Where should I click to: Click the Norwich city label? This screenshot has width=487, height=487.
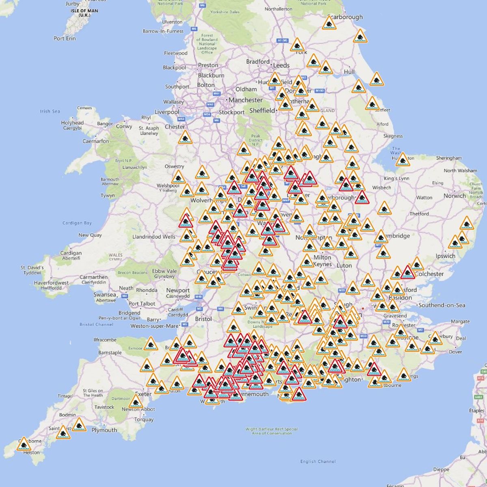pyautogui.click(x=455, y=196)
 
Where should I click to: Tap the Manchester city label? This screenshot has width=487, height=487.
pyautogui.click(x=245, y=100)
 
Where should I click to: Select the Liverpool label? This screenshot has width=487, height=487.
pyautogui.click(x=167, y=112)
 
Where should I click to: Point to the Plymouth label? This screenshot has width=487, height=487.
pyautogui.click(x=104, y=430)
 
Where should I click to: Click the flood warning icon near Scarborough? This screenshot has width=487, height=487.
pyautogui.click(x=329, y=23)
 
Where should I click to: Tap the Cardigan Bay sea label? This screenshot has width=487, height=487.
pyautogui.click(x=77, y=223)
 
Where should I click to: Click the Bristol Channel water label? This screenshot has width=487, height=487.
pyautogui.click(x=96, y=324)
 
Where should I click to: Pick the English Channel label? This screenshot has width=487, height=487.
pyautogui.click(x=318, y=461)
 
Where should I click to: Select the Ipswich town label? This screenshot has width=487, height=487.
pyautogui.click(x=446, y=256)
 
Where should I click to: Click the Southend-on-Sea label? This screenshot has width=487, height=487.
pyautogui.click(x=442, y=305)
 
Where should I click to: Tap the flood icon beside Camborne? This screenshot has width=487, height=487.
pyautogui.click(x=24, y=444)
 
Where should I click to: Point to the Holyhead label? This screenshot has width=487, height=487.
pyautogui.click(x=72, y=123)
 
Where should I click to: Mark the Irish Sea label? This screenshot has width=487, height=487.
pyautogui.click(x=50, y=111)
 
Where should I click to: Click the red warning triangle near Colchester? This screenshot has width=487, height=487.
pyautogui.click(x=407, y=273)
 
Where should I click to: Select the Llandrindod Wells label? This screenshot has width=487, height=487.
pyautogui.click(x=154, y=237)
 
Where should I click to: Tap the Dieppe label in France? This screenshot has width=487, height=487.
pyautogui.click(x=441, y=470)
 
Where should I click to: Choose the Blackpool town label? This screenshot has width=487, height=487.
pyautogui.click(x=174, y=68)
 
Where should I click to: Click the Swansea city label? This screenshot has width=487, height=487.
pyautogui.click(x=105, y=295)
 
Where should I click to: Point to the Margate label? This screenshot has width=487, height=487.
pyautogui.click(x=460, y=321)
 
